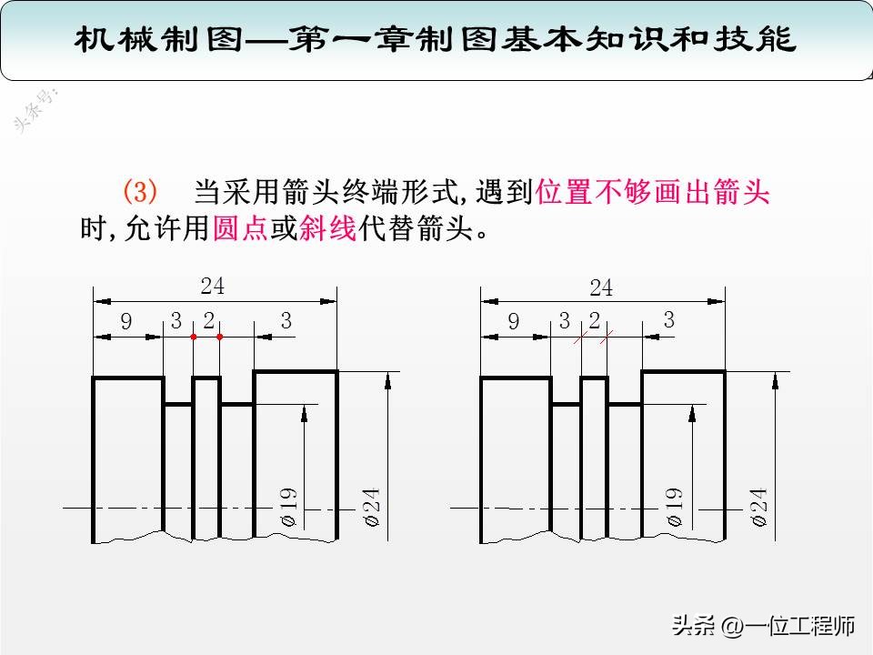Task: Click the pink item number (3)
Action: click(x=140, y=193)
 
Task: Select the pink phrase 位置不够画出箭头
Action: click(x=654, y=193)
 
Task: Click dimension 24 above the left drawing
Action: click(x=213, y=286)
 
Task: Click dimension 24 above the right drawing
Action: click(x=601, y=287)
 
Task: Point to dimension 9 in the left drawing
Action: click(x=126, y=321)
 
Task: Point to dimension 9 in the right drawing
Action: click(x=514, y=321)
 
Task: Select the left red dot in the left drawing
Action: click(x=193, y=338)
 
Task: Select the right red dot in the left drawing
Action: click(x=220, y=338)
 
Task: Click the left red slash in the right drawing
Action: click(x=580, y=338)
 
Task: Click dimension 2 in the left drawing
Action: click(x=208, y=320)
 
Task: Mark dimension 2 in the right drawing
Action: click(x=595, y=320)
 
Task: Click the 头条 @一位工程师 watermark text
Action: click(x=764, y=626)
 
